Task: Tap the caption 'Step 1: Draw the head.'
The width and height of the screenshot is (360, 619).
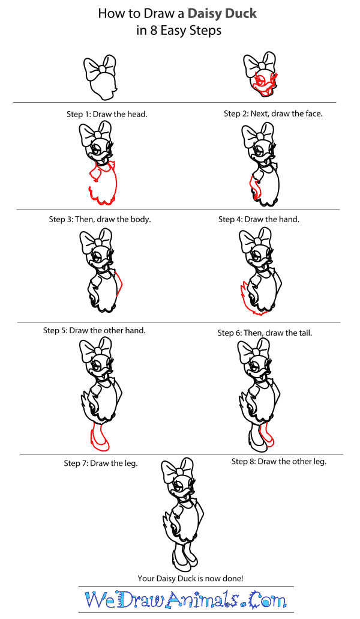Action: click(x=106, y=113)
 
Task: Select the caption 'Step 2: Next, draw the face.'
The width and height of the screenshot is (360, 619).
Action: click(x=273, y=113)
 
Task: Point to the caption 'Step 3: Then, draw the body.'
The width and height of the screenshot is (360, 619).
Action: click(x=100, y=219)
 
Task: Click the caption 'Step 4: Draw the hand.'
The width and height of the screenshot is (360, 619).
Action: click(x=259, y=219)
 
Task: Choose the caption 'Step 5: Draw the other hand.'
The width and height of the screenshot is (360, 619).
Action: click(x=94, y=330)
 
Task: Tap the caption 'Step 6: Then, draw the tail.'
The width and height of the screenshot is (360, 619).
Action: click(x=265, y=333)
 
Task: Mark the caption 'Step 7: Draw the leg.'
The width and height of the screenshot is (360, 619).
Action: click(x=101, y=463)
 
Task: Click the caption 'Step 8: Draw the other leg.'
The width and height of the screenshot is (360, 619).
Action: click(x=278, y=462)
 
